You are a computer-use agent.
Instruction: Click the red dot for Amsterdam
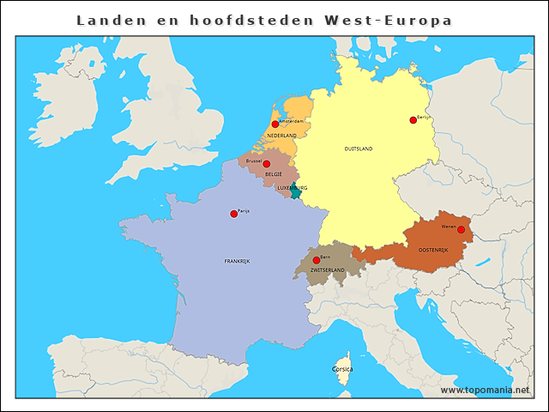tap(274, 124)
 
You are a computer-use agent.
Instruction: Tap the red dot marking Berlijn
tap(413, 120)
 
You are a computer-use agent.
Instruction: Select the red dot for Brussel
tap(266, 164)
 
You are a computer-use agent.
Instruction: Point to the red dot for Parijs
tap(233, 214)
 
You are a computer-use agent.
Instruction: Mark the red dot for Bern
tap(317, 259)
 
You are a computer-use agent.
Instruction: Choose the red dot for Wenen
tap(461, 229)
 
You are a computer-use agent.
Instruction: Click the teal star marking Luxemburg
tap(296, 193)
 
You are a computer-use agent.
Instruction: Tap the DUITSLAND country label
tap(358, 148)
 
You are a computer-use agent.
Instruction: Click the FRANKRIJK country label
tap(237, 261)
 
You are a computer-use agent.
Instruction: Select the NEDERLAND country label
tap(281, 136)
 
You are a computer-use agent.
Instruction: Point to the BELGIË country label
tap(274, 173)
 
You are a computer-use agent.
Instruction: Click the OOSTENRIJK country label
tap(433, 250)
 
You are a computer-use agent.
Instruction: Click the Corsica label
tap(342, 369)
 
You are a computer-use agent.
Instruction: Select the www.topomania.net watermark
tap(485, 391)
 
